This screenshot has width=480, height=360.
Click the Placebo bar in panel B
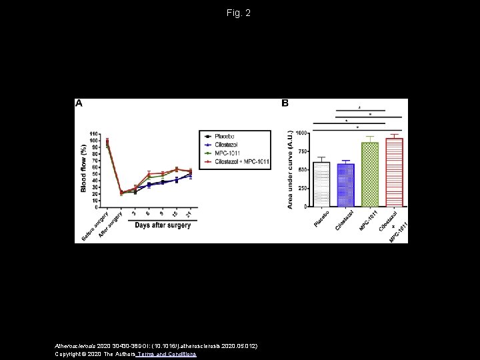(321, 185)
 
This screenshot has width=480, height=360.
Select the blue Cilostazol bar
(346, 185)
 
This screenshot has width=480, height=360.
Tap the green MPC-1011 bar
(370, 175)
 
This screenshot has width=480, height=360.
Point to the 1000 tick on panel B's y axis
(302, 133)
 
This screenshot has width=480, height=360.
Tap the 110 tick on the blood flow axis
(94, 133)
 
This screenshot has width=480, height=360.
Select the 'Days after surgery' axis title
(163, 225)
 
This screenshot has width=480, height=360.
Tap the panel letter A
(79, 104)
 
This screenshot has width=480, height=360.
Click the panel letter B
(285, 104)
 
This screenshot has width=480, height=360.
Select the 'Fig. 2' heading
(239, 13)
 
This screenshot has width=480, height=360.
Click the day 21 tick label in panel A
(190, 213)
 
